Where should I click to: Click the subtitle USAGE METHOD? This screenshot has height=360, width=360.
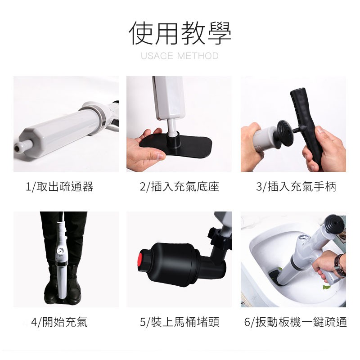(180, 56)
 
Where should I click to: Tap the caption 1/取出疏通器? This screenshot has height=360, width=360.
(59, 186)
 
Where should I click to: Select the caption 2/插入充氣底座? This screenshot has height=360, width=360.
(179, 186)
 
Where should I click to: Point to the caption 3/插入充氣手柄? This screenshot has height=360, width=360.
(296, 186)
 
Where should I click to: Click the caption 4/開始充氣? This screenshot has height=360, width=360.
(59, 322)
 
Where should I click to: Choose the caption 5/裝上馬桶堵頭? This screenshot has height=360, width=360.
(179, 322)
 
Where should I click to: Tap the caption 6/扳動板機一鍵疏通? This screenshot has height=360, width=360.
(296, 322)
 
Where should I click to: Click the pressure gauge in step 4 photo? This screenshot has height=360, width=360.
(60, 252)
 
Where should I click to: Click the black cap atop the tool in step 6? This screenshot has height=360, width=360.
(334, 224)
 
